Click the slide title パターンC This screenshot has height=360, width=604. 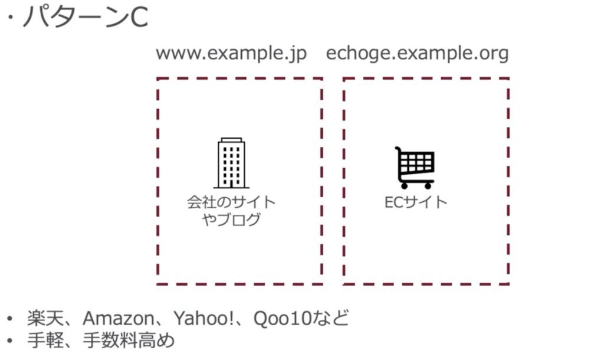pos(86,17)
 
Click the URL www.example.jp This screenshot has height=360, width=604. pos(231,54)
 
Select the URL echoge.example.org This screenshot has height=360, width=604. pos(417,54)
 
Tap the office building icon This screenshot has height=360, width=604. pos(231,163)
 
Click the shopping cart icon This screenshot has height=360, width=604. pos(415,168)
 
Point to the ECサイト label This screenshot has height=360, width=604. pos(416,202)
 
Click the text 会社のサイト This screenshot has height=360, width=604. pos(231,202)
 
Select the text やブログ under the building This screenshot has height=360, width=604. pos(231,220)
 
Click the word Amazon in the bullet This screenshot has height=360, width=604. pos(119,318)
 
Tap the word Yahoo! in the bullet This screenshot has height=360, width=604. pos(203,318)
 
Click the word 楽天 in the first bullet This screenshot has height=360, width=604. pos(45,318)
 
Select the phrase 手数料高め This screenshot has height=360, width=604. pos(129,341)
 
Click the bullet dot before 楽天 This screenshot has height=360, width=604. pos(9,319)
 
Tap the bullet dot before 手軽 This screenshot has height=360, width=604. pos(9,341)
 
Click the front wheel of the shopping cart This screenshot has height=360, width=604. pos(428,186)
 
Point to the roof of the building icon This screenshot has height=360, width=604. pos(231,139)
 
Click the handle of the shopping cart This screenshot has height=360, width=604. pos(399,149)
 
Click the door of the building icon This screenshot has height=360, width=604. pos(231,184)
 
